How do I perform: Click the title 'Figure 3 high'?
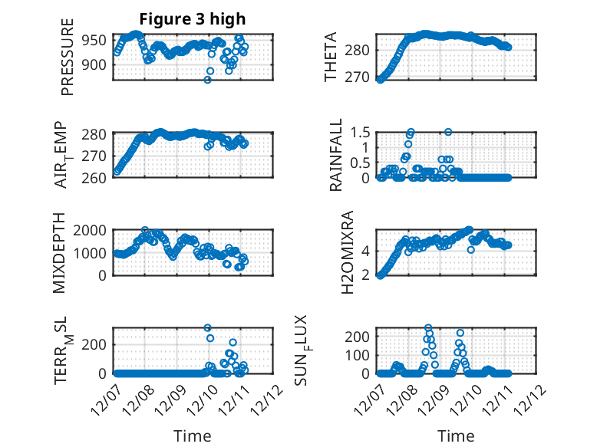(192, 19)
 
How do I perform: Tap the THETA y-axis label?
(331, 58)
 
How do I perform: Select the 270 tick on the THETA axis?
(362, 77)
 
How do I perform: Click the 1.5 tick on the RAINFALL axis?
(361, 132)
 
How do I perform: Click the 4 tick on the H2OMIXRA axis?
(367, 251)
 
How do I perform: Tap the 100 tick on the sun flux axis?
(361, 355)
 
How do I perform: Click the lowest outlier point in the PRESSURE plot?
(207, 79)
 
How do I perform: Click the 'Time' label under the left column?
(192, 436)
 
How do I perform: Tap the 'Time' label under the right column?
(456, 436)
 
